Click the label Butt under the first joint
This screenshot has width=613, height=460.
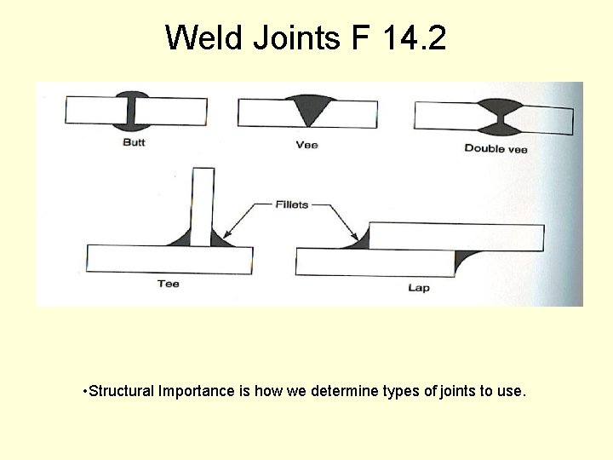(134, 142)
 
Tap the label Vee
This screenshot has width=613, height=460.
(306, 145)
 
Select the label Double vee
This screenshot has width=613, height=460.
(496, 148)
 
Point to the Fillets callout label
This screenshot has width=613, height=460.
(291, 204)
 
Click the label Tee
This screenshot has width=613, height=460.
(169, 284)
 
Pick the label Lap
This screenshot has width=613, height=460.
(419, 288)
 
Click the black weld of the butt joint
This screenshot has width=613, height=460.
(135, 110)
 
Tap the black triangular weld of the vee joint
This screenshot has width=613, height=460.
(308, 108)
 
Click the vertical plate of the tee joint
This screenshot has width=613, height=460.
(202, 204)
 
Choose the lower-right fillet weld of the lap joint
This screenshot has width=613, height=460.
(462, 259)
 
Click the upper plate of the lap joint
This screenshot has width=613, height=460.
(455, 237)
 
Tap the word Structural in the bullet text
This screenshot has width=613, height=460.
(120, 391)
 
